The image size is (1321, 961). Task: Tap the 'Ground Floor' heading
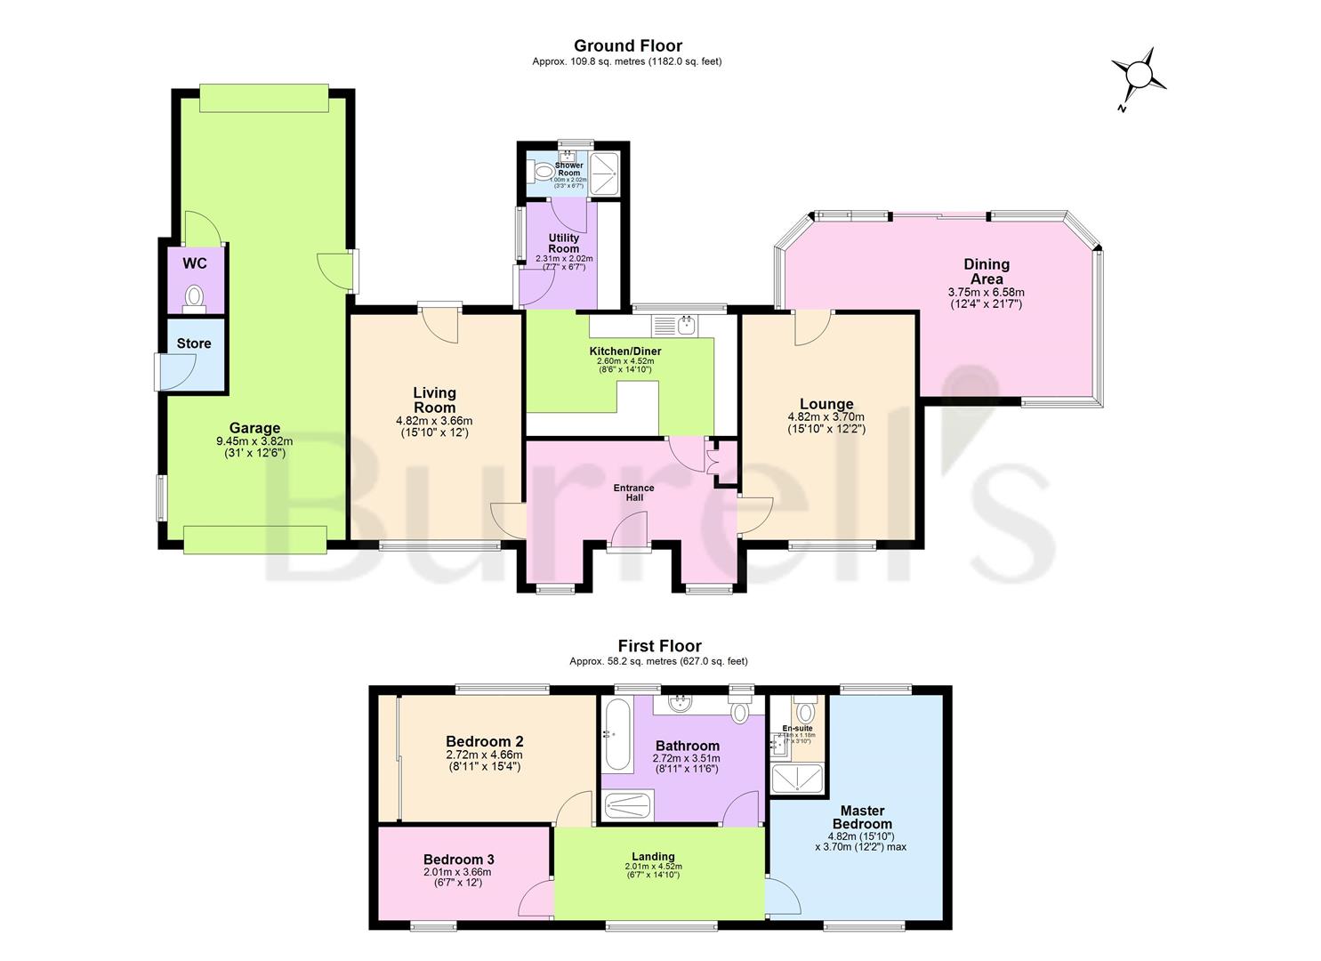pyautogui.click(x=627, y=45)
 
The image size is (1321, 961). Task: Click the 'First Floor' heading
pyautogui.click(x=659, y=646)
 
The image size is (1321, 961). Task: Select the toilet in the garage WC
pyautogui.click(x=194, y=296)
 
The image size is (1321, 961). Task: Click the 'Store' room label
pyautogui.click(x=194, y=343)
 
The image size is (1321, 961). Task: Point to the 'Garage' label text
pyautogui.click(x=254, y=428)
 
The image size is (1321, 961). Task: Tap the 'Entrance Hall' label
pyautogui.click(x=633, y=492)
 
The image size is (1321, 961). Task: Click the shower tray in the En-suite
pyautogui.click(x=797, y=780)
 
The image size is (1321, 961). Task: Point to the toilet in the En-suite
pyautogui.click(x=805, y=712)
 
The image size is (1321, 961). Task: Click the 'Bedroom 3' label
pyautogui.click(x=458, y=860)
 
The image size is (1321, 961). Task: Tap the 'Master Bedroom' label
pyautogui.click(x=861, y=817)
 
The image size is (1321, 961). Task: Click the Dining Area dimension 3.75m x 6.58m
pyautogui.click(x=986, y=292)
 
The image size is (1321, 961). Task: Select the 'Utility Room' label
pyautogui.click(x=563, y=243)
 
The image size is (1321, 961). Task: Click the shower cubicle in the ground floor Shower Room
pyautogui.click(x=607, y=166)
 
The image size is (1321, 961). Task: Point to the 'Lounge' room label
pyautogui.click(x=826, y=404)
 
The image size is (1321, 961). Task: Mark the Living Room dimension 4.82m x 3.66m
pyautogui.click(x=433, y=421)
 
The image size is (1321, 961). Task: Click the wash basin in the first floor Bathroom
pyautogui.click(x=683, y=703)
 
